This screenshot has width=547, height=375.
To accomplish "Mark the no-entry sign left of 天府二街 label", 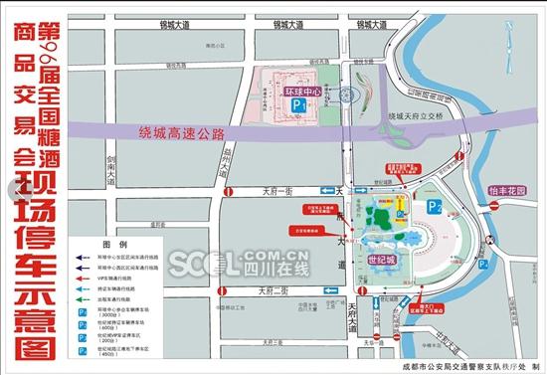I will point(228,291).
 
